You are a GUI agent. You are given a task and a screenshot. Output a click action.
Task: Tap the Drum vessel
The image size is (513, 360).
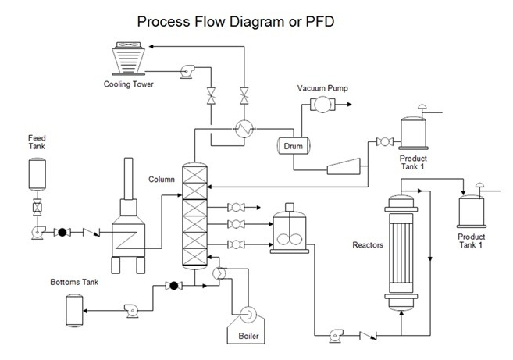pyautogui.click(x=293, y=145)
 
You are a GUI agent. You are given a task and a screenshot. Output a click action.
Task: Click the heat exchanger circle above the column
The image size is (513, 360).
pyautogui.click(x=244, y=130)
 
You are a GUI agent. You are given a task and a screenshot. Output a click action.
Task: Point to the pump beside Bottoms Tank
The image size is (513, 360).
pyautogui.click(x=130, y=310)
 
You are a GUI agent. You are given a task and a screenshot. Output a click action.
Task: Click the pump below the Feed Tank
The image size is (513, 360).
pyautogui.click(x=36, y=231)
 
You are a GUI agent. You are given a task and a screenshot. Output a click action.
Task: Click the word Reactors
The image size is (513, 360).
pyautogui.click(x=368, y=244)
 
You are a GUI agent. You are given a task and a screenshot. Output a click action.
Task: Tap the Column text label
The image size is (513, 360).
pyautogui.click(x=161, y=179)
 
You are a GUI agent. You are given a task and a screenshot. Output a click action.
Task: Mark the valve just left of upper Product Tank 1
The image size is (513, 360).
pyautogui.click(x=383, y=141)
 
